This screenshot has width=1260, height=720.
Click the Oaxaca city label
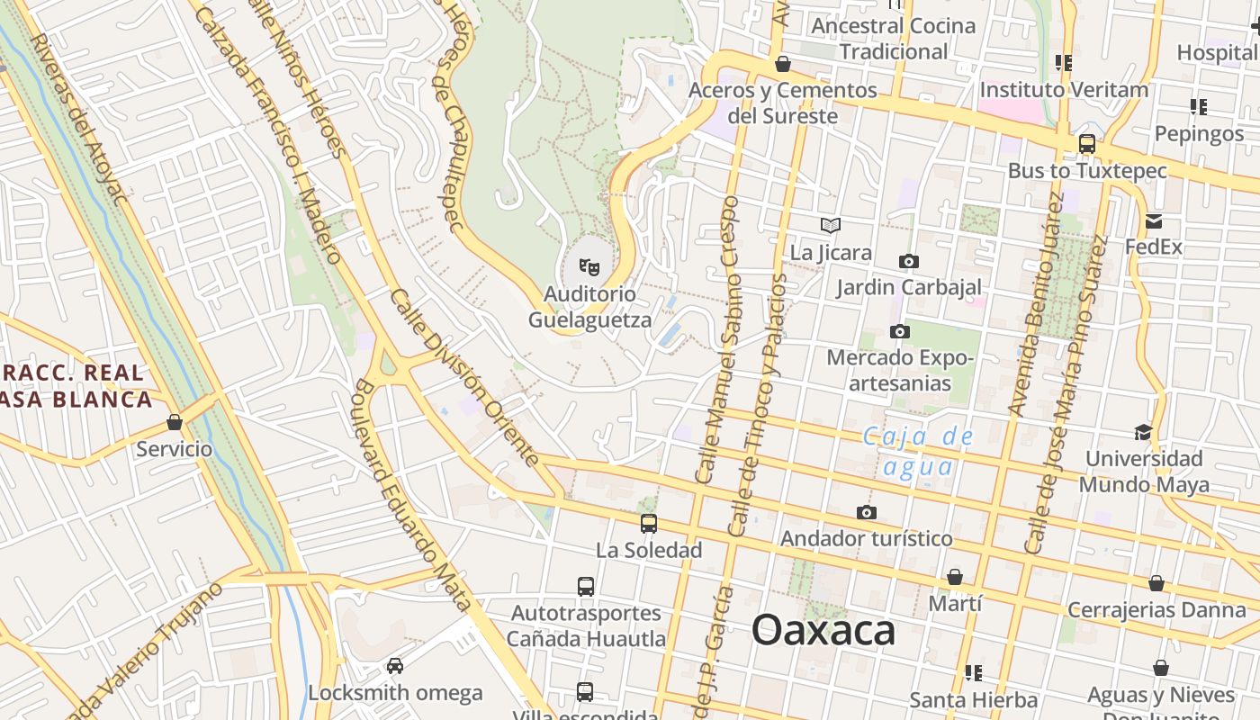823,630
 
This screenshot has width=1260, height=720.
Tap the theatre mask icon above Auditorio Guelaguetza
589,266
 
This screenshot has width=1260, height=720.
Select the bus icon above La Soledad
649,523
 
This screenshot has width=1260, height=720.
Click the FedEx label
1154,246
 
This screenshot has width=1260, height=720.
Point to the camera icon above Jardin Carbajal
909,261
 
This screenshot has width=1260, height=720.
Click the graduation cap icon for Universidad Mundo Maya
1143,432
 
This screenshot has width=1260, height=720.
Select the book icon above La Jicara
831,225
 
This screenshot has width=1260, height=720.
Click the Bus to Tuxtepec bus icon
1087,144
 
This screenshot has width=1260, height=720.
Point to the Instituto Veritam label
1064,90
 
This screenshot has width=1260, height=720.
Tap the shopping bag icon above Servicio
175,422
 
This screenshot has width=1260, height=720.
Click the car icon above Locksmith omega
394,666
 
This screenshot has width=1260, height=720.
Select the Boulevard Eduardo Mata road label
411,495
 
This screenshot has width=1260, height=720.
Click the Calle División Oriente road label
464,378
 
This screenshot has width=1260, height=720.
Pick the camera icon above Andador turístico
867,512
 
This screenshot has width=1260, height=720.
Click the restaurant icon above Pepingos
1198,107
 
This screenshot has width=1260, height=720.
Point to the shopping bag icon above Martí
955,577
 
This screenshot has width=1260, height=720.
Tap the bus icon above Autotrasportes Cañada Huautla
586,587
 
